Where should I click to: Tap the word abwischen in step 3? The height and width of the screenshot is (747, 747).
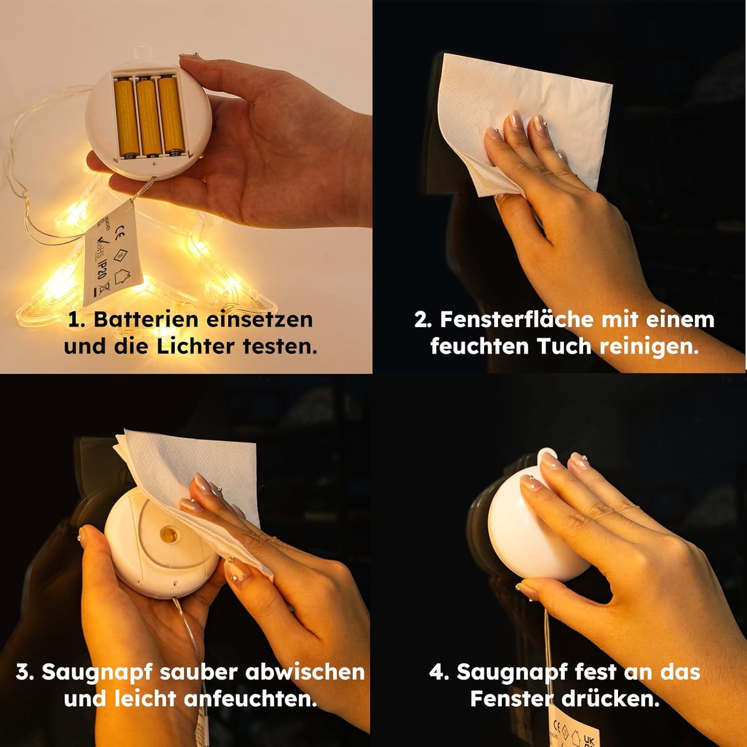coord(305,672)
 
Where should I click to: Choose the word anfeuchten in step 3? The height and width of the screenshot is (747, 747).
coord(251,699)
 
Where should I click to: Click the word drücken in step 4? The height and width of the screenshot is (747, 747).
coord(611,699)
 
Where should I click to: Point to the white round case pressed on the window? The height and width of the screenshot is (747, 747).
coord(528,528)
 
